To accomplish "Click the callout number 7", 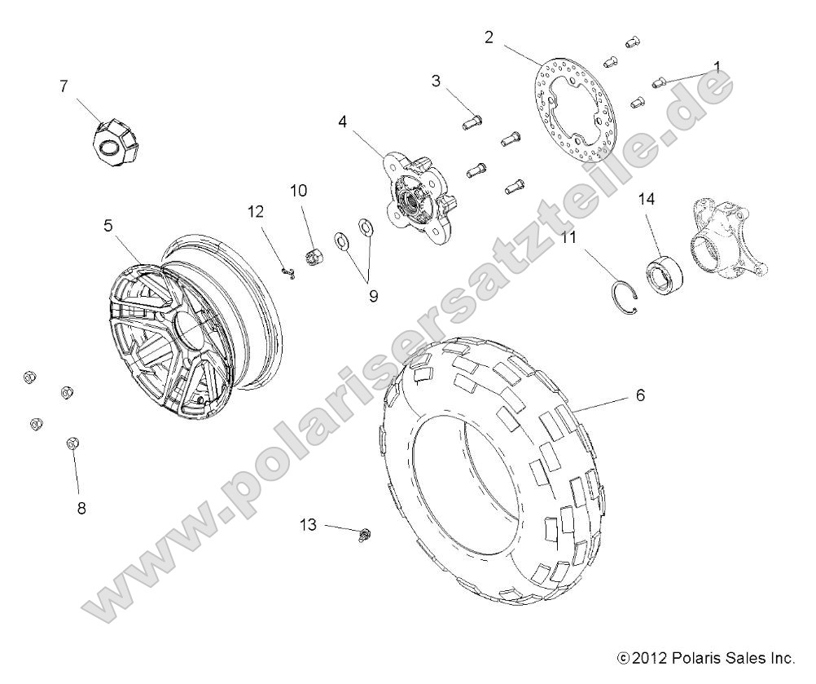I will click(x=64, y=86).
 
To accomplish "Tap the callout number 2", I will click(x=489, y=36).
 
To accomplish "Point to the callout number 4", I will click(x=343, y=121).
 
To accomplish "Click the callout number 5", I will click(x=108, y=227).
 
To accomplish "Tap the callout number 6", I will click(x=639, y=395).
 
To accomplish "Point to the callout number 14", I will click(x=646, y=198).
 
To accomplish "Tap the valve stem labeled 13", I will click(x=363, y=534).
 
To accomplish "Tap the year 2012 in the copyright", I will click(x=649, y=656).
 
